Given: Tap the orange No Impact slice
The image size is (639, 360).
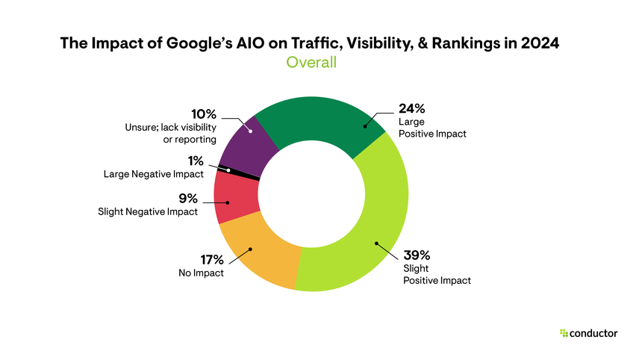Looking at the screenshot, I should [258, 254].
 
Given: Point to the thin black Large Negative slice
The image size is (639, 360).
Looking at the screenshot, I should [237, 172].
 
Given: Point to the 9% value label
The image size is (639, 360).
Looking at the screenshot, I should [188, 199].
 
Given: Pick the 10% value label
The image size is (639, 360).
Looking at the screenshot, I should [203, 114].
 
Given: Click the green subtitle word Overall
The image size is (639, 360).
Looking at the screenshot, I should [311, 63].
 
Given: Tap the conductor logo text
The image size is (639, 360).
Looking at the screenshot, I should [593, 333].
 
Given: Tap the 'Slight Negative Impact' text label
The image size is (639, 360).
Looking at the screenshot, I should [148, 212].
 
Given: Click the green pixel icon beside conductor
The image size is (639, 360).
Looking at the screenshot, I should [563, 333].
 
